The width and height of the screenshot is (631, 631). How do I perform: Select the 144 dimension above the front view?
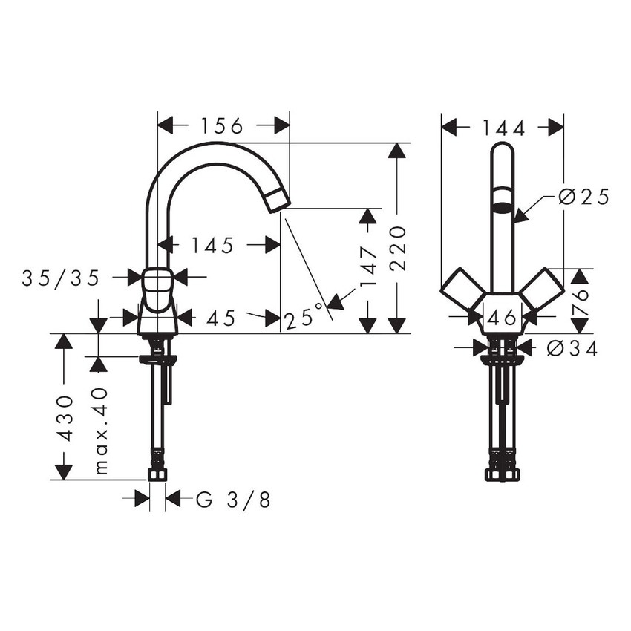click(503, 128)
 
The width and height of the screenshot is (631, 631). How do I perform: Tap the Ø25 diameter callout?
click(583, 197)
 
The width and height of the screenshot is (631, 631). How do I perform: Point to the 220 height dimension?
click(399, 240)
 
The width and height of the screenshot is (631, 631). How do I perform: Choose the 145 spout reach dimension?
click(212, 244)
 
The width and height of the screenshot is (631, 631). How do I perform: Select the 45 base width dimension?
click(220, 318)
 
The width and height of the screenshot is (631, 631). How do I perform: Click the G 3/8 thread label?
click(233, 500)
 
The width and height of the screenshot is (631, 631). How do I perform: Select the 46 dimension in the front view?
click(503, 318)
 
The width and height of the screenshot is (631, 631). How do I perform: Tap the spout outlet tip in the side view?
click(278, 199)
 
